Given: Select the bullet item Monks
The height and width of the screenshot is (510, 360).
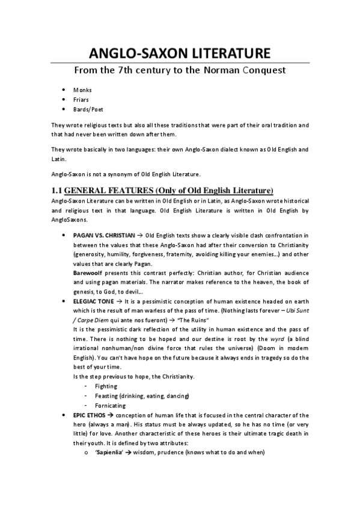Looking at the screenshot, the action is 82,90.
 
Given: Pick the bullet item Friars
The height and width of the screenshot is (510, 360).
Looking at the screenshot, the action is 82,100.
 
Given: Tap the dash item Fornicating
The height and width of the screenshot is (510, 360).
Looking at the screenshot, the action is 109,405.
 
